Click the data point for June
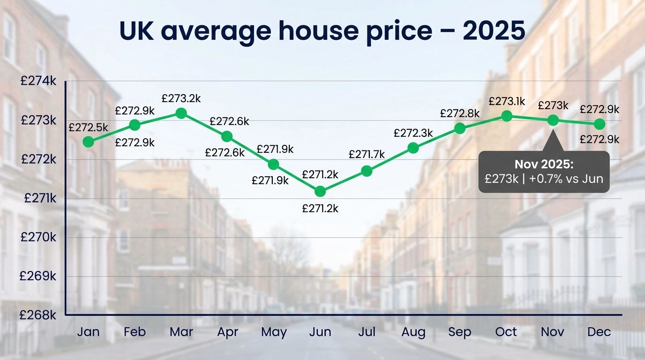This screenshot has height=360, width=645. point(320,191)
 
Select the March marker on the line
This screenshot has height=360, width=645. point(181,113)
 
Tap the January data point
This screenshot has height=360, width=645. point(88,142)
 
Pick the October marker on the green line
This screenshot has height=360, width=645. point(506,116)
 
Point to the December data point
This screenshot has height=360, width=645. point(599,124)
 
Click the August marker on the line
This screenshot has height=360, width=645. point(413,148)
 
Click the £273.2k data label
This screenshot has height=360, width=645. point(181,99)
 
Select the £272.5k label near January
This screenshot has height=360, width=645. point(88,127)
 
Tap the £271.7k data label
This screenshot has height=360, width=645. point(367,154)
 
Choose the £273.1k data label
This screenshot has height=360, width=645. point(506,101)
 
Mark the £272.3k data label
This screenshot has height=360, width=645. point(413,134)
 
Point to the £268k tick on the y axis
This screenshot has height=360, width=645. point(38,315)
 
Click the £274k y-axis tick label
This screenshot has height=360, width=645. point(38,82)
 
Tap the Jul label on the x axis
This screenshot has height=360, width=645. point(367,332)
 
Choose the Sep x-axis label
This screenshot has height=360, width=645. point(459,332)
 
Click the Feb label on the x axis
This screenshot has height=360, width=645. point(135,332)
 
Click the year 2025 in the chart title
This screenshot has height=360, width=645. point(494,31)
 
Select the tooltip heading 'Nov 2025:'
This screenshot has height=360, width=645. point(544,165)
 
